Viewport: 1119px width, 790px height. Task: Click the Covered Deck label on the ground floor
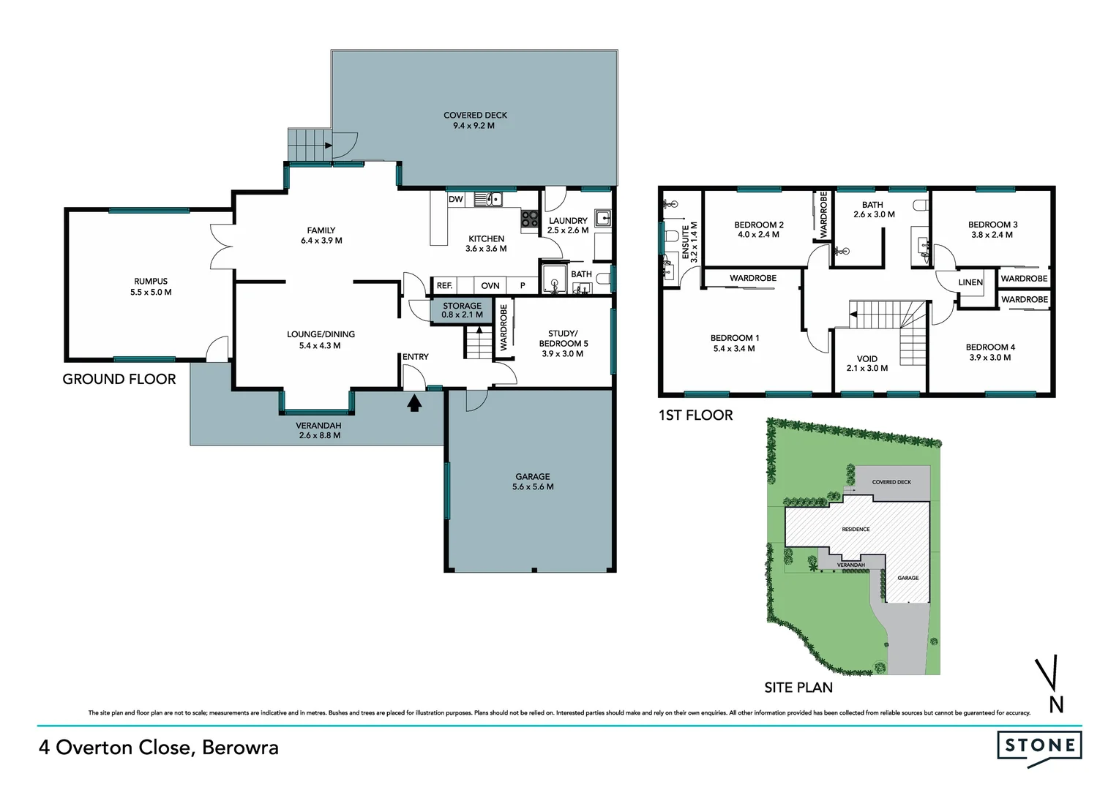[475, 120]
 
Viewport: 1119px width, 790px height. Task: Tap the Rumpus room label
[151, 287]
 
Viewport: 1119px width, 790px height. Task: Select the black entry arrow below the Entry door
[414, 402]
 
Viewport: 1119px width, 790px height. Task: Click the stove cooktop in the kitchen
[528, 218]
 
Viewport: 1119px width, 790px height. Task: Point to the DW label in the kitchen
[455, 199]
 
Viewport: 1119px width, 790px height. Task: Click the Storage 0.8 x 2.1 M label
[462, 310]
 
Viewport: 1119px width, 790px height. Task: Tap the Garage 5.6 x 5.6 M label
[532, 481]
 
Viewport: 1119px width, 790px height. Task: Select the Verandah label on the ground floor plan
[319, 430]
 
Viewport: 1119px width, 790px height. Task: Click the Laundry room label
[568, 225]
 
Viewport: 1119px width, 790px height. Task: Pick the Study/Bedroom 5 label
[563, 344]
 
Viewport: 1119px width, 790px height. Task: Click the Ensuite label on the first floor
[689, 243]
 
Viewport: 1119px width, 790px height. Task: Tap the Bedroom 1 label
[734, 343]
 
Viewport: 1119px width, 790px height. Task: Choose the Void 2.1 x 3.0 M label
[867, 364]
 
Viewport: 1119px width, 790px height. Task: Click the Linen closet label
[970, 282]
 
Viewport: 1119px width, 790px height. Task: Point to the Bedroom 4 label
[989, 353]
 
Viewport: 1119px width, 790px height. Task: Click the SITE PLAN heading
[798, 688]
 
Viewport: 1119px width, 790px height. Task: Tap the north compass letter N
[1056, 704]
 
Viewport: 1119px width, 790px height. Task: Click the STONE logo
[1039, 745]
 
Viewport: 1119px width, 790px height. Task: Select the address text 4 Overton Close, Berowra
[159, 748]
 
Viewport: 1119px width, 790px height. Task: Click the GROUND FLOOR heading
[119, 379]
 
